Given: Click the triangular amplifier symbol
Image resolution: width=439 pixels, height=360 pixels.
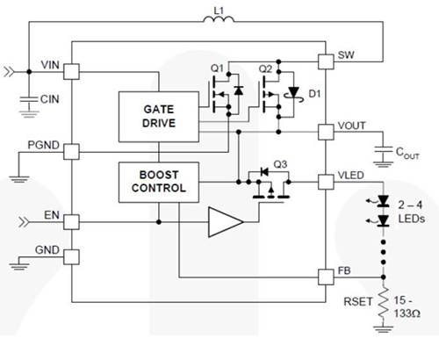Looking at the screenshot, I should pyautogui.click(x=223, y=222).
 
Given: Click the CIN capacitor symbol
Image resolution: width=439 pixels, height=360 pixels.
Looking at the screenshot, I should pyautogui.click(x=28, y=101).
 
